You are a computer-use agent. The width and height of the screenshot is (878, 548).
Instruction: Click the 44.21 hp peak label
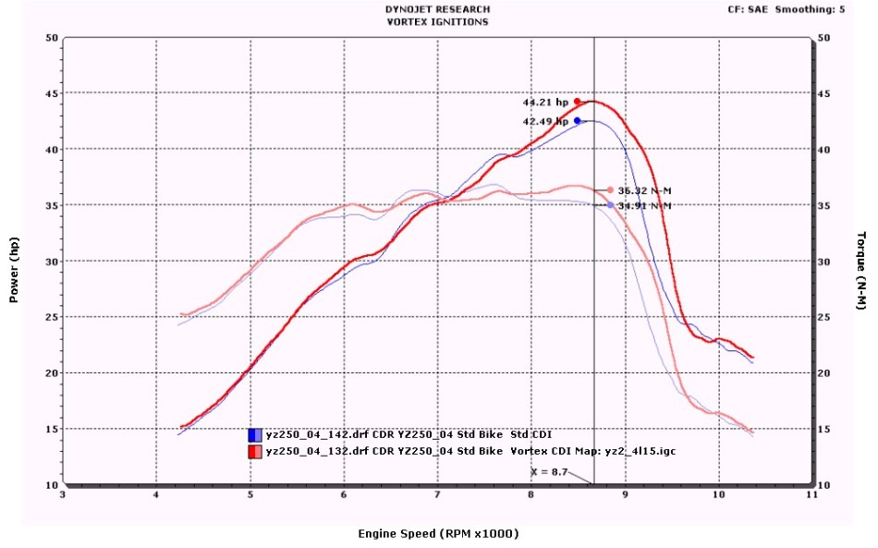pos(544,103)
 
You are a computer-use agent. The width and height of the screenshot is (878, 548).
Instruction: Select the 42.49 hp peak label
pos(544,121)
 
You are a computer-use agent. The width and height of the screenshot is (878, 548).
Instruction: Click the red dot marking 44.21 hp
pos(578,102)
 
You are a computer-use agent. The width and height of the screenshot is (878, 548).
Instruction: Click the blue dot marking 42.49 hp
pos(578,120)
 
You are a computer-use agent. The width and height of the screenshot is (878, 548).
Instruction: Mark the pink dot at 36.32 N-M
pos(610,189)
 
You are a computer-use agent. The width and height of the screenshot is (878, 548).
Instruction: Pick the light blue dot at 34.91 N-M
pos(610,204)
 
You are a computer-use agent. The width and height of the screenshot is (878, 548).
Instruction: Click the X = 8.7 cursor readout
pos(548,471)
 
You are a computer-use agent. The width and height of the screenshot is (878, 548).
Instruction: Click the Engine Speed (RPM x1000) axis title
pos(438,534)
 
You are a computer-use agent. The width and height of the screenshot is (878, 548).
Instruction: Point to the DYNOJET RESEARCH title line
pos(437,9)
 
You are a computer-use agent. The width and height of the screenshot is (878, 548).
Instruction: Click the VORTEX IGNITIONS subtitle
pos(437,21)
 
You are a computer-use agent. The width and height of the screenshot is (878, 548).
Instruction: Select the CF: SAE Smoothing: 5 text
pos(798,9)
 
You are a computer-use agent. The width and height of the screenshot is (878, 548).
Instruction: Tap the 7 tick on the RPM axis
pos(437,495)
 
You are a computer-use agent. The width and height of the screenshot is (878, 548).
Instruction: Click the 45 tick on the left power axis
pos(52,93)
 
